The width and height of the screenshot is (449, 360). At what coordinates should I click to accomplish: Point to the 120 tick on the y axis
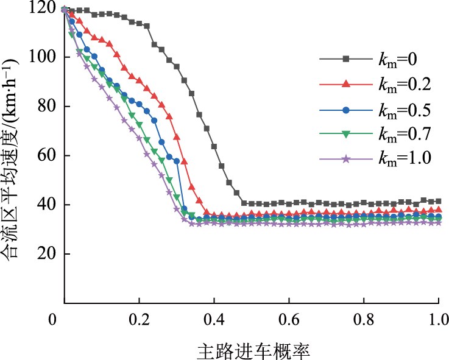click(45, 8)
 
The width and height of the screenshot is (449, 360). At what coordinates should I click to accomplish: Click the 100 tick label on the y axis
click(45, 57)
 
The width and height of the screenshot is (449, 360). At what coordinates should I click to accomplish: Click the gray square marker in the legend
click(345, 59)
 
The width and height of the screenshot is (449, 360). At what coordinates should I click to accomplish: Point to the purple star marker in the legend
click(345, 159)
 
